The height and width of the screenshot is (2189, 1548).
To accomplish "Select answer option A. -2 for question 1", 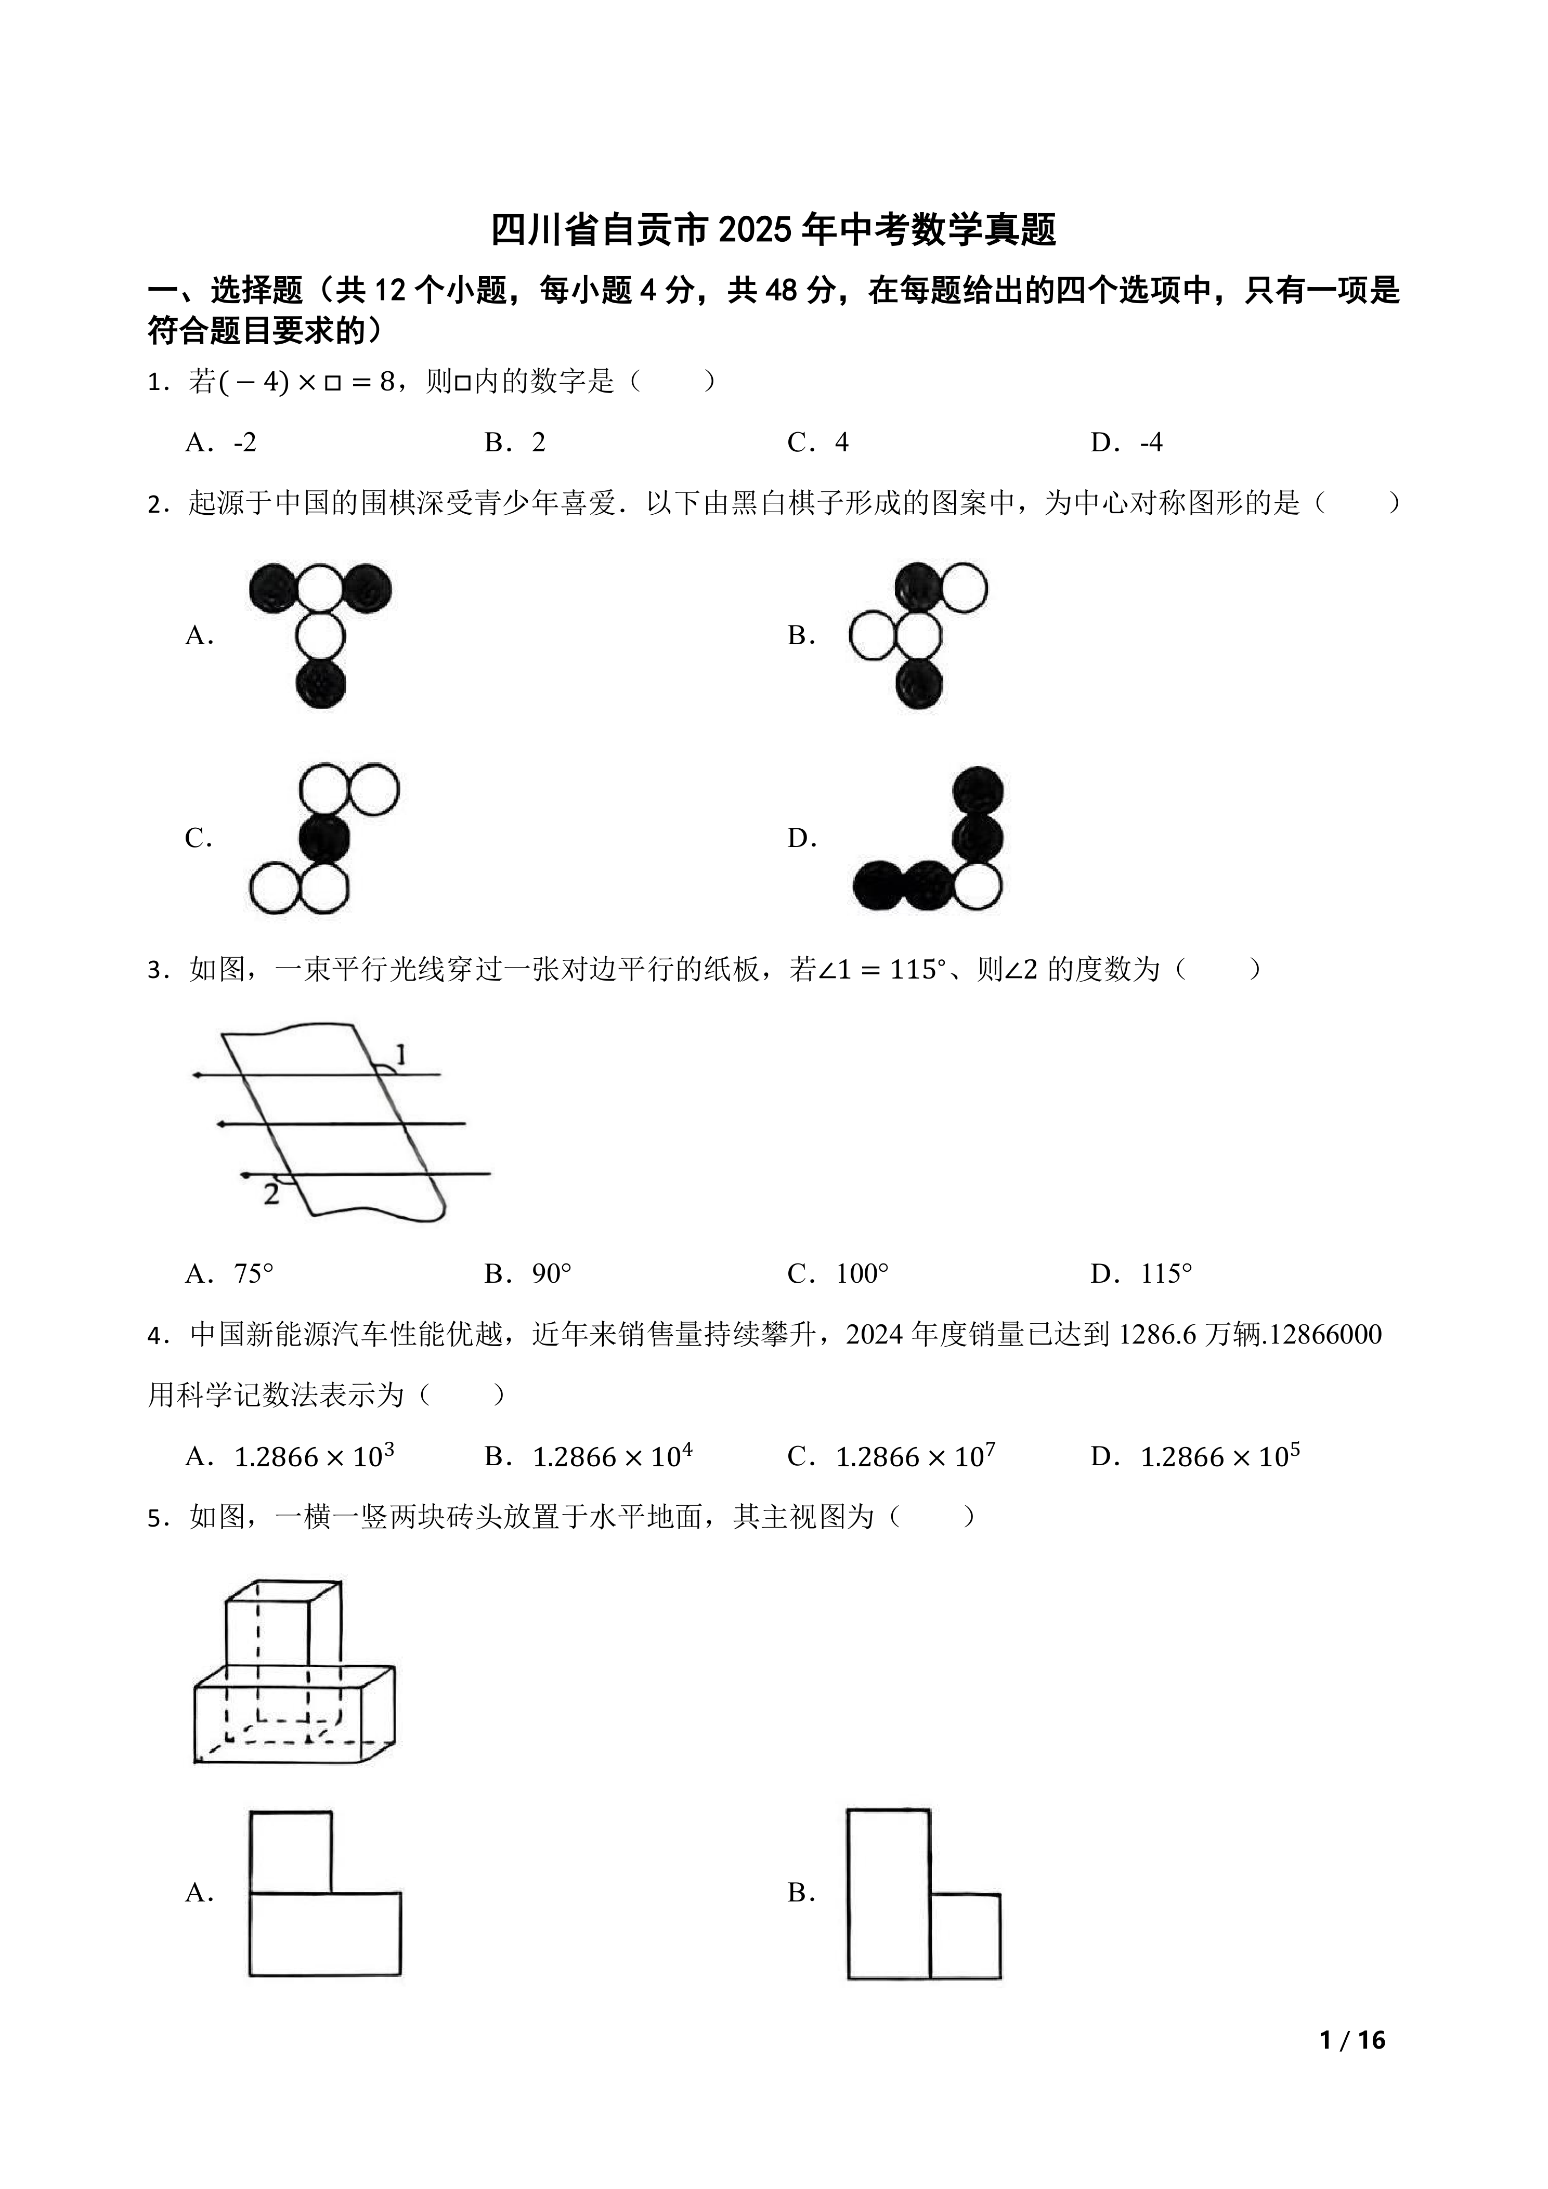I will pyautogui.click(x=221, y=442).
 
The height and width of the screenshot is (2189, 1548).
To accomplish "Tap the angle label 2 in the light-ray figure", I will pyautogui.click(x=271, y=1194).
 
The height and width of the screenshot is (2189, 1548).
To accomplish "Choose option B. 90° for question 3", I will pyautogui.click(x=528, y=1274).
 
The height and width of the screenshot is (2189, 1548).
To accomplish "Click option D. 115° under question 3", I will pyautogui.click(x=1142, y=1274).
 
